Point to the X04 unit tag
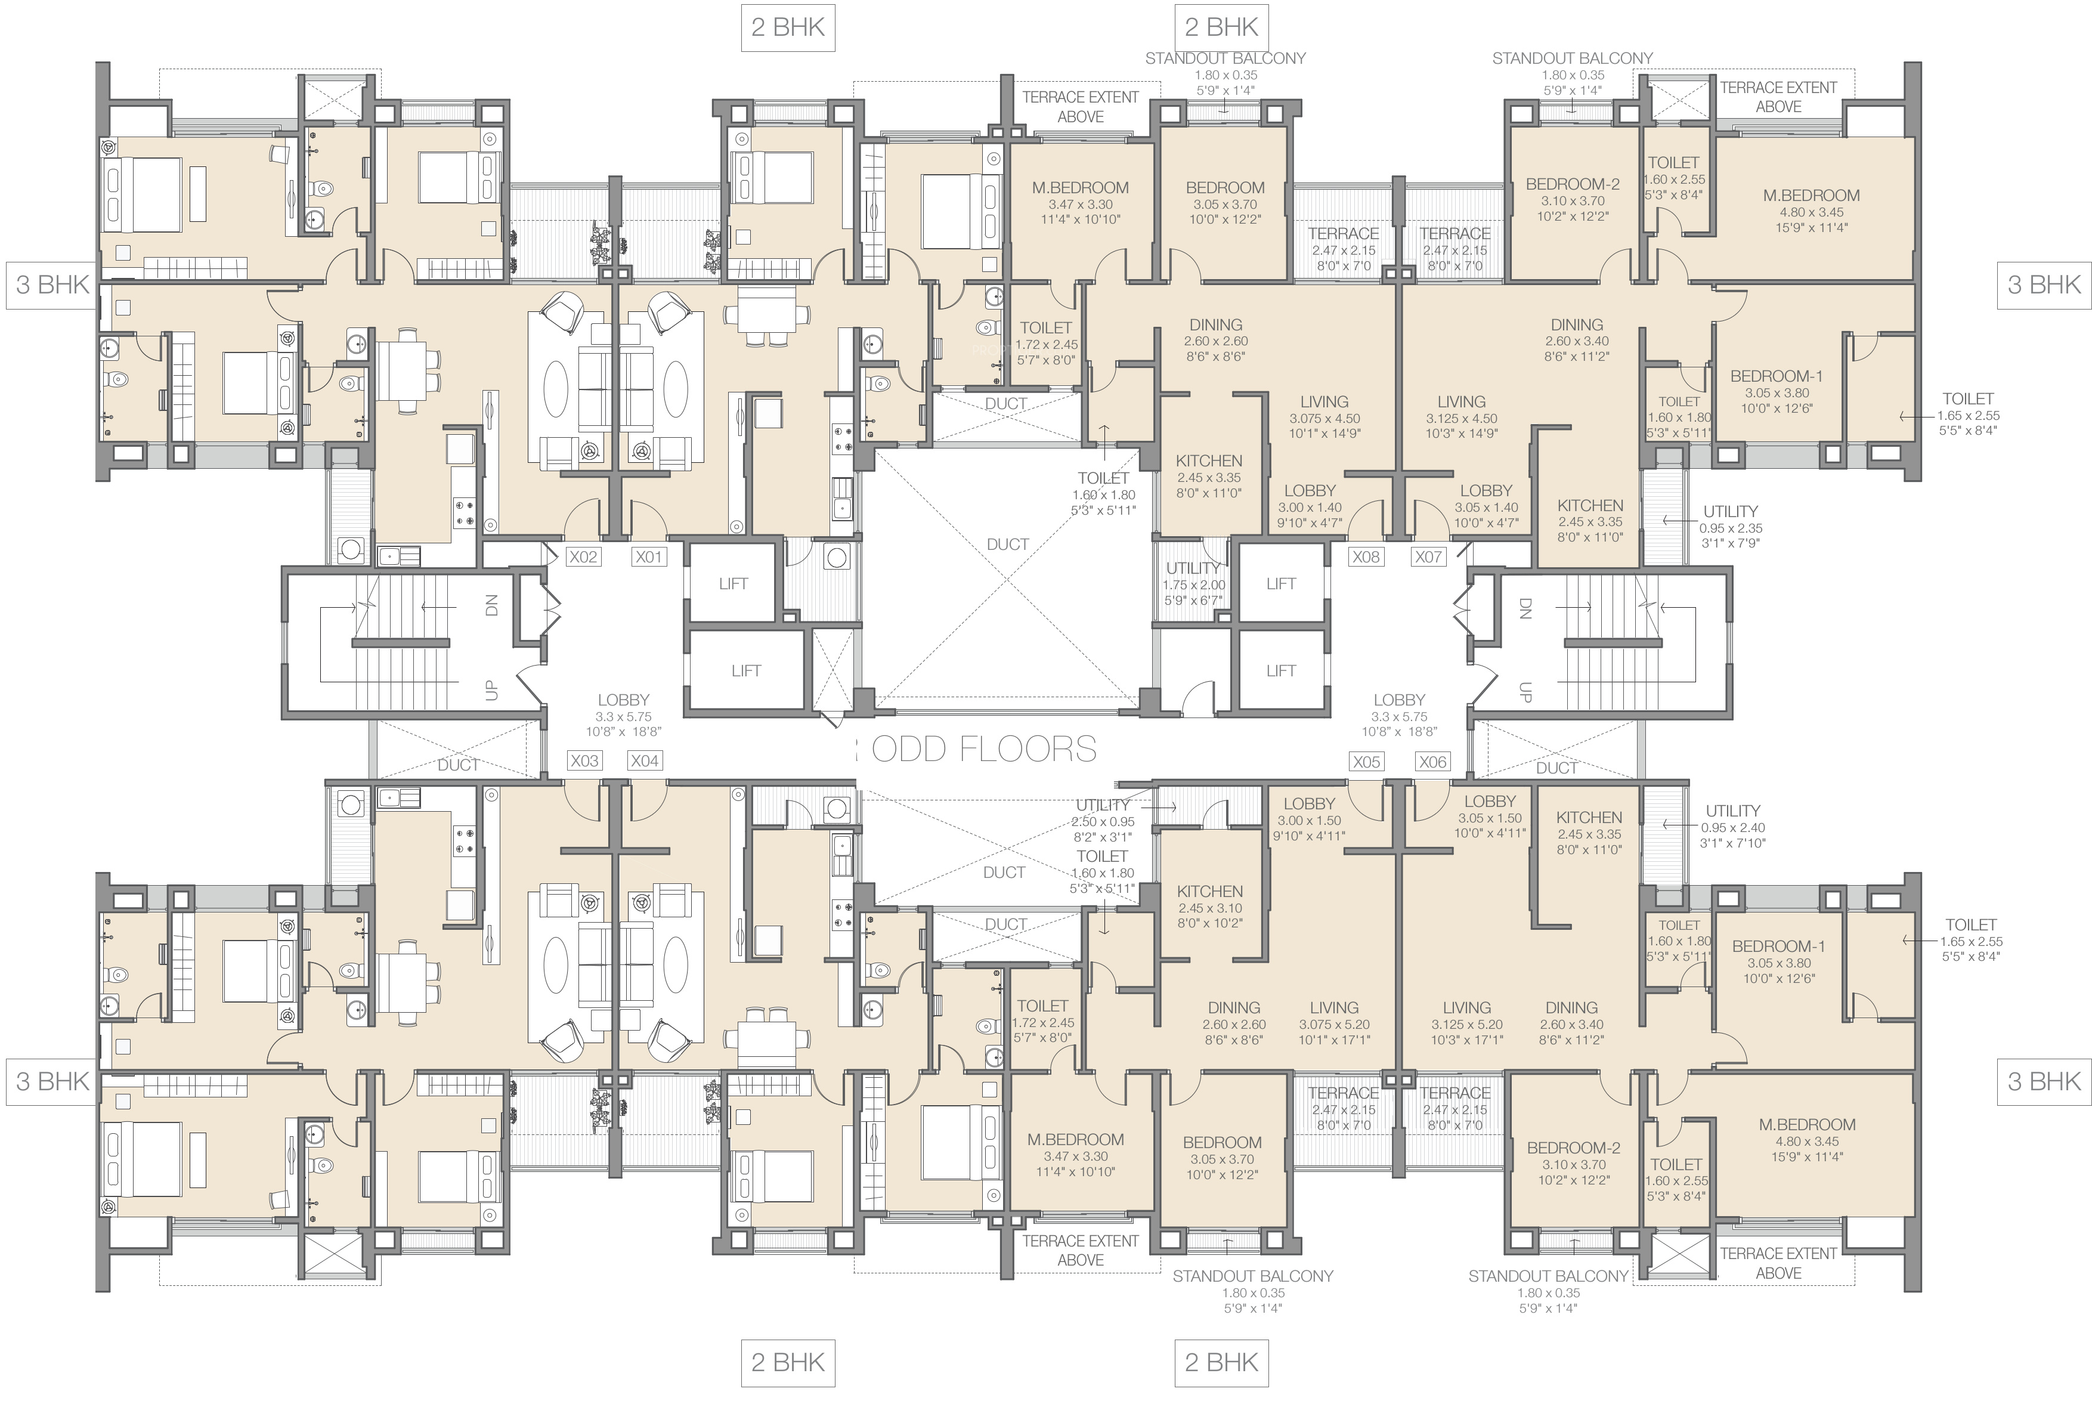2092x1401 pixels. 644,761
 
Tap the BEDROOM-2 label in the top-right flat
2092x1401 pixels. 1572,200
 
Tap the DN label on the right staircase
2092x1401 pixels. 1525,608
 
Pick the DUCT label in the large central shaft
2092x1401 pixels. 1008,544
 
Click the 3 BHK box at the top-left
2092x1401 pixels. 52,285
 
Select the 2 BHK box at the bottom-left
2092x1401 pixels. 788,1363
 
